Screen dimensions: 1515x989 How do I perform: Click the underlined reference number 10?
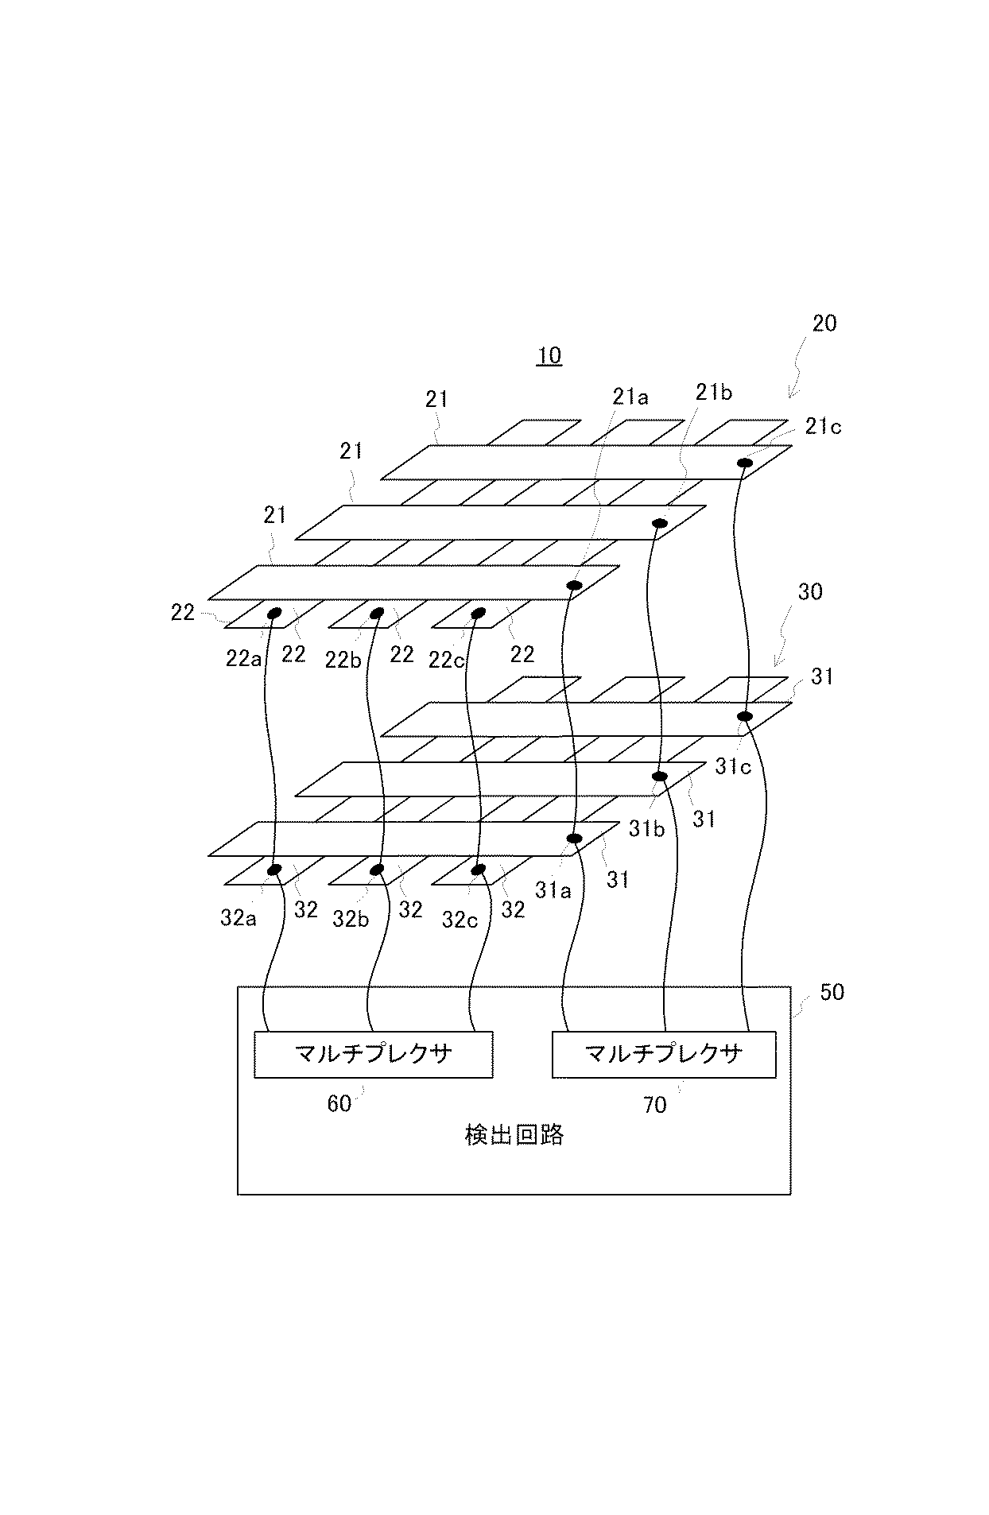point(549,355)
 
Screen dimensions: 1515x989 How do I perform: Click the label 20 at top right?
point(824,324)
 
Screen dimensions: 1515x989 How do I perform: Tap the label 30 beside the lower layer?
point(809,591)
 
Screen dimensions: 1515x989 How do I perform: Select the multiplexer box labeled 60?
point(373,1054)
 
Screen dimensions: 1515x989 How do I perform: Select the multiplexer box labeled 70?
point(663,1054)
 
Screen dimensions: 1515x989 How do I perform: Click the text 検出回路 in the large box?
point(514,1135)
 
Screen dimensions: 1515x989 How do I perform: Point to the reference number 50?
point(832,992)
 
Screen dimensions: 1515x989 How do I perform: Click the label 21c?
point(822,427)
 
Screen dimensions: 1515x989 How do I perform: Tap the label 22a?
point(243,659)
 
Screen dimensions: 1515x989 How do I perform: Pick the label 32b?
point(351,920)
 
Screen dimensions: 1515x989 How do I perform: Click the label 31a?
point(553,890)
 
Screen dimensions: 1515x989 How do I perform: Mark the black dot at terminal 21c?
point(746,463)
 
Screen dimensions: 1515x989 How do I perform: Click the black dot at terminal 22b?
point(377,613)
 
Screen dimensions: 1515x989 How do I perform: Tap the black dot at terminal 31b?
point(659,776)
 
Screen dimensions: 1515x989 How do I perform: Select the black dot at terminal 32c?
point(478,870)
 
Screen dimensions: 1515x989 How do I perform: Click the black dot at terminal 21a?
point(572,586)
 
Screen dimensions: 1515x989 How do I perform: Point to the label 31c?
point(732,767)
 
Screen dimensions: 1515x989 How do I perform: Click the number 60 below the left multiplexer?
point(339,1104)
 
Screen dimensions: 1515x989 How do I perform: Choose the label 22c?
point(446,660)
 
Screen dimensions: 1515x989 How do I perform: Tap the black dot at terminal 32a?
point(274,870)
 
